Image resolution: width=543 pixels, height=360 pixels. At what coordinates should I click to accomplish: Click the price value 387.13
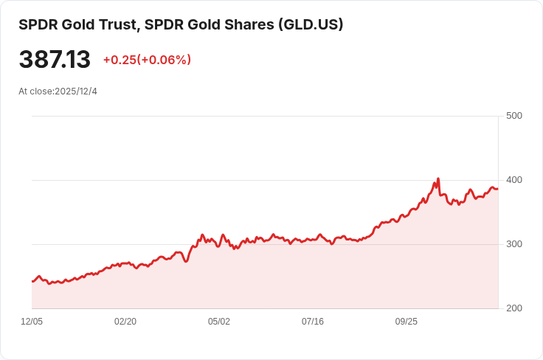[55, 60]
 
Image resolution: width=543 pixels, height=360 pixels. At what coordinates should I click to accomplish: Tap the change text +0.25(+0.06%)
[147, 60]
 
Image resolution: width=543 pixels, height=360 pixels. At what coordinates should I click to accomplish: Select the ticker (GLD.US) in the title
[311, 24]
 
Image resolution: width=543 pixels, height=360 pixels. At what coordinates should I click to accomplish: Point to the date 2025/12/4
[77, 91]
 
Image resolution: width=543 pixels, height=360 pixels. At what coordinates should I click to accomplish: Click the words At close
[35, 91]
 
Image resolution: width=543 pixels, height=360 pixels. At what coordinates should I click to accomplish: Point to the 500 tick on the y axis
[513, 116]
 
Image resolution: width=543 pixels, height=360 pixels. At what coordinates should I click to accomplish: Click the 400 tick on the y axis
[513, 180]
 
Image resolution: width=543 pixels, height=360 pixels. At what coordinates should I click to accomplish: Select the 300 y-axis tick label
[513, 244]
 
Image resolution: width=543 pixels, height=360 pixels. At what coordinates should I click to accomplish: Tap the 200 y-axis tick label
[513, 308]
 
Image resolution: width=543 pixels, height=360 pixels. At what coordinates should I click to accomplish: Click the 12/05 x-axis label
[32, 322]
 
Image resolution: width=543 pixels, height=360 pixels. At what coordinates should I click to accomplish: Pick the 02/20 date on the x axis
[125, 322]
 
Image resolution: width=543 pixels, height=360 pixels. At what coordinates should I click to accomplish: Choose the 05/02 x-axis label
[219, 322]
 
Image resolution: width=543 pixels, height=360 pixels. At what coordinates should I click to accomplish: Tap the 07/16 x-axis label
[313, 322]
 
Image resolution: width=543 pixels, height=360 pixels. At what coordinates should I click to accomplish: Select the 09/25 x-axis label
[407, 322]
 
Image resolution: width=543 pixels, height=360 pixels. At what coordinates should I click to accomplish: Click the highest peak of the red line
[438, 179]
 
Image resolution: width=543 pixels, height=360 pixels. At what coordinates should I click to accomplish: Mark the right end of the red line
[497, 189]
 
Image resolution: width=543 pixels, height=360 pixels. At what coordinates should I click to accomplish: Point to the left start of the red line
[32, 281]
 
